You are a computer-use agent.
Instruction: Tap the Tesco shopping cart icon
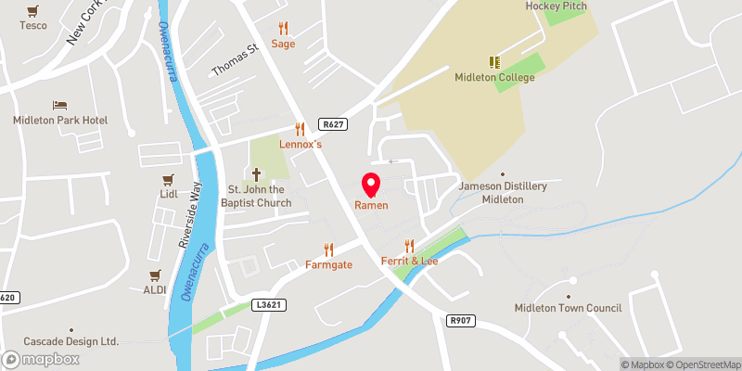33,10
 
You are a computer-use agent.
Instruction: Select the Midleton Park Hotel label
60,121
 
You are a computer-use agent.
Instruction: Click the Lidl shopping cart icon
168,179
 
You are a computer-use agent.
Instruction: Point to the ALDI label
155,289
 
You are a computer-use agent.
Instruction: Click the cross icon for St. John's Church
257,173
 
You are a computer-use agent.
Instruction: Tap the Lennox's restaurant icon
300,129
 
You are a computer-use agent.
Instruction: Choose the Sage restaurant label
283,44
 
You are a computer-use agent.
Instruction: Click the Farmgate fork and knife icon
327,249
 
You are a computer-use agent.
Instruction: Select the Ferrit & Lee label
409,262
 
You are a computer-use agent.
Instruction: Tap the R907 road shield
459,320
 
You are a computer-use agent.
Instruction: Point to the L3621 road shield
267,304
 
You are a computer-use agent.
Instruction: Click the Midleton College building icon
494,62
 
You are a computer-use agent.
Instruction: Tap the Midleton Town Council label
572,308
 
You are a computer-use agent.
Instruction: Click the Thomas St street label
234,62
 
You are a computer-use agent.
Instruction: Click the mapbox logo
39,359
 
